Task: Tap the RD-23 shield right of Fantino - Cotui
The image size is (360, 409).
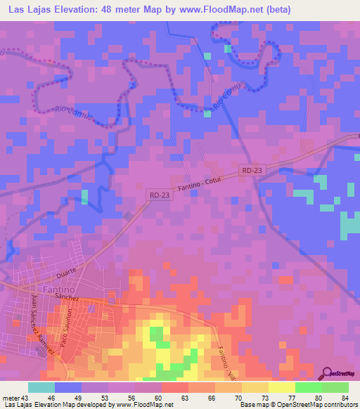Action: tap(252, 170)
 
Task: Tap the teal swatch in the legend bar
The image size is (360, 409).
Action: tap(41, 387)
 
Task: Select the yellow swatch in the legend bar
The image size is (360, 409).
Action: tap(281, 387)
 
